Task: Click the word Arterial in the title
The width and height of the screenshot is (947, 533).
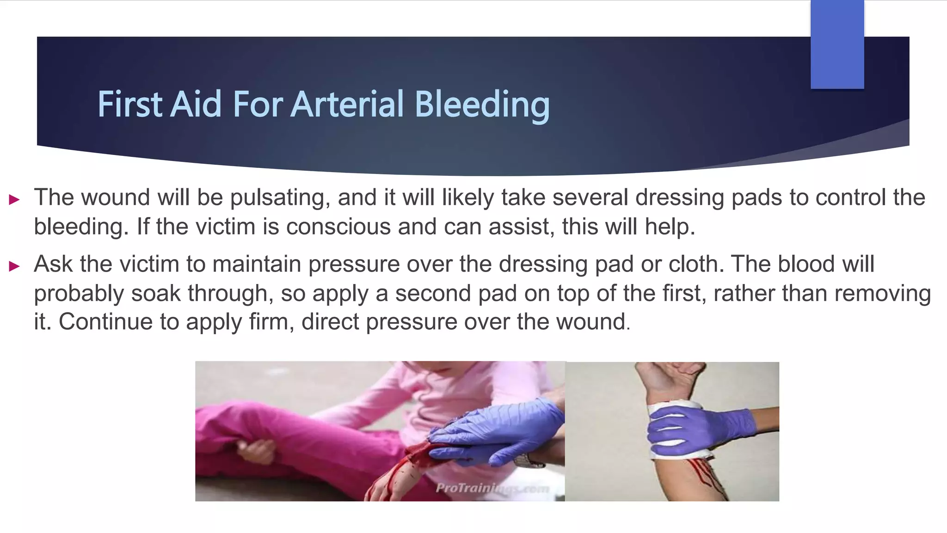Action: coord(348,104)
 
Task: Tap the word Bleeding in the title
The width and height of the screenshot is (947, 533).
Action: coord(482,104)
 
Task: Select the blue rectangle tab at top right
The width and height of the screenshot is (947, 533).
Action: coord(837,44)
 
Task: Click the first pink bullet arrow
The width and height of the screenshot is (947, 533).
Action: coord(14,200)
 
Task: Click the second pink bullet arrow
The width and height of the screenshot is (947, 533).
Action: coord(14,266)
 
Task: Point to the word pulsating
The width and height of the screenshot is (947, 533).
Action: coord(280,198)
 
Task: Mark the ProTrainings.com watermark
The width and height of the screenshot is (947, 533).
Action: coord(492,488)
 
